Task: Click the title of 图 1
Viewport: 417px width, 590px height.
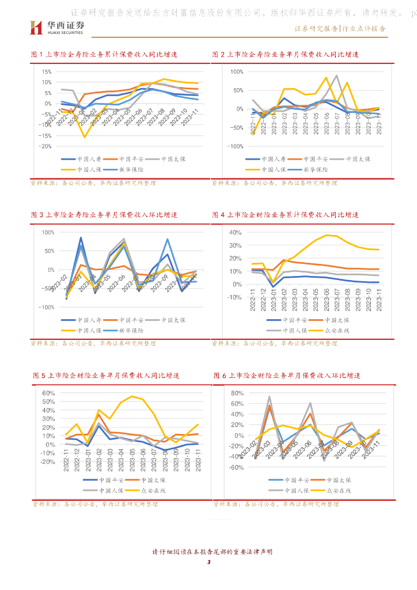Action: (104, 54)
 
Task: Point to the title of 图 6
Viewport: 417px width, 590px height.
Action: (286, 376)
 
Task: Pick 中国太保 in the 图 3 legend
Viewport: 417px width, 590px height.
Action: (174, 320)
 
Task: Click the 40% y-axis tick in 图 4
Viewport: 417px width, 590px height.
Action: (234, 232)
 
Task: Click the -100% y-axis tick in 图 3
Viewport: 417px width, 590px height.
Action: (46, 307)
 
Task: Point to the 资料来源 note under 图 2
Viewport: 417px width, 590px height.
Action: (274, 183)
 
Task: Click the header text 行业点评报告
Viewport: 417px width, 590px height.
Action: (363, 28)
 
